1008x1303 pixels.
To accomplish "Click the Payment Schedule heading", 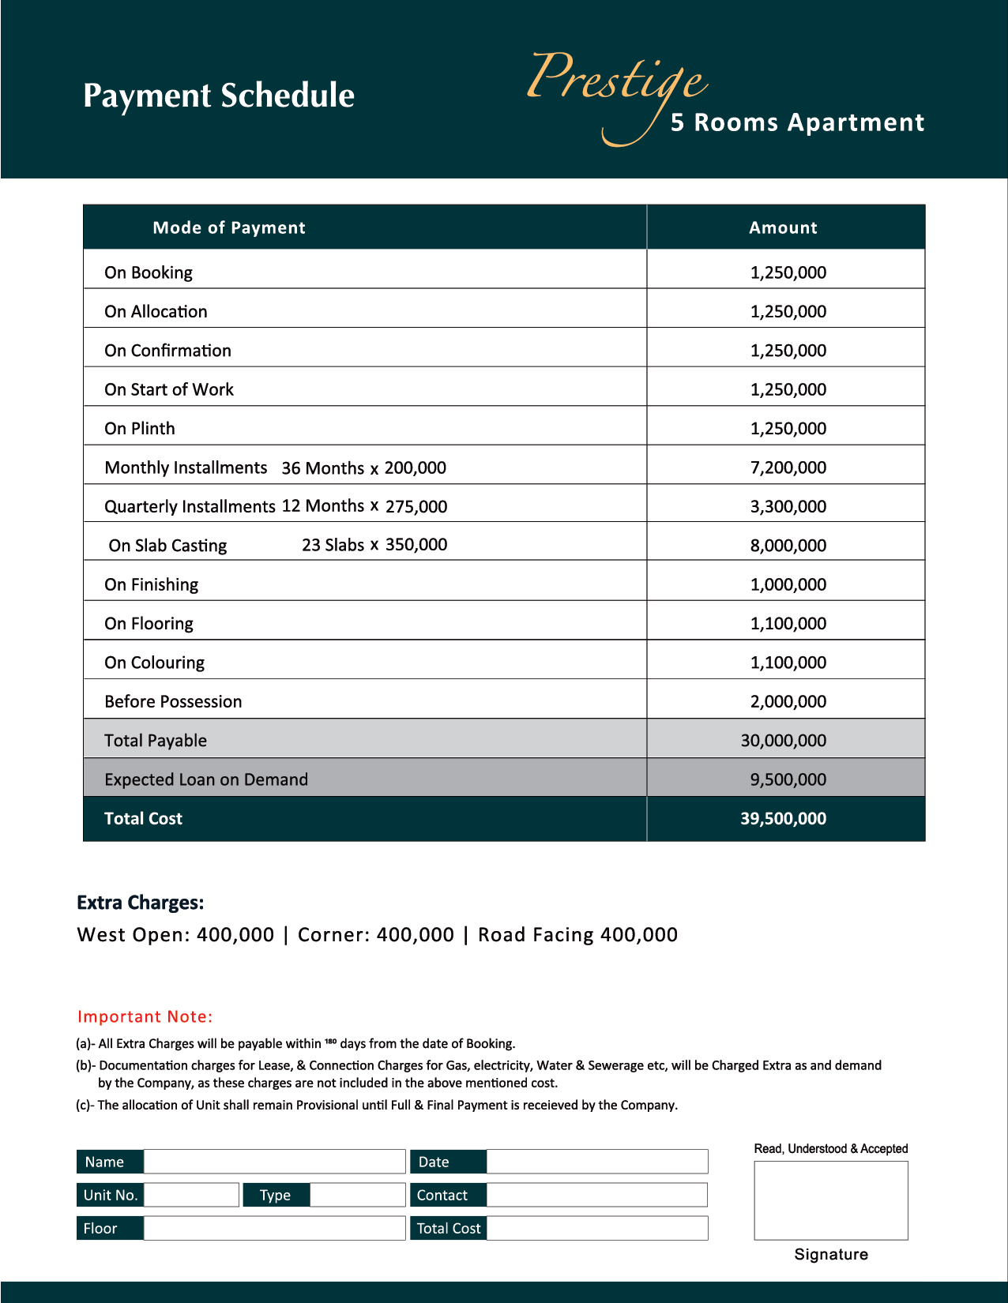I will (x=219, y=96).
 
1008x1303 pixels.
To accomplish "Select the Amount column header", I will (x=783, y=227).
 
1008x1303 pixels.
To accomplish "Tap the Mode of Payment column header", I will (x=229, y=227).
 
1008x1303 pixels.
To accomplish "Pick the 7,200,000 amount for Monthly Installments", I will (x=788, y=468).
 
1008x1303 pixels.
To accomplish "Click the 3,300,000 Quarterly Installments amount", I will (x=788, y=506).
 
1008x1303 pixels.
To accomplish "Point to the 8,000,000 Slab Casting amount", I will (x=788, y=546).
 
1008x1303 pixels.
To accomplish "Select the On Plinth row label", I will (x=140, y=428).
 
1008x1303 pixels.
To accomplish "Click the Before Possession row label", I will (x=173, y=701).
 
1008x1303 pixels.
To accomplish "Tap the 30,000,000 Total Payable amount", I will (x=783, y=741).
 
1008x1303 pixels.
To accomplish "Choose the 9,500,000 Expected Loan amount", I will (x=788, y=779).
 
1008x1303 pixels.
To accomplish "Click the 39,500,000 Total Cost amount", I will (x=783, y=819).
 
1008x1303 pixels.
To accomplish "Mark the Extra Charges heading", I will (x=141, y=903).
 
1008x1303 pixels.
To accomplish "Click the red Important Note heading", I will (x=145, y=1016).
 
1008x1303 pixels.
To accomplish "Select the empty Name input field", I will (x=274, y=1162).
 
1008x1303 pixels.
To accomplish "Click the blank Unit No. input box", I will (x=191, y=1195).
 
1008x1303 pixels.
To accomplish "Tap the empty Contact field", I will (x=596, y=1195).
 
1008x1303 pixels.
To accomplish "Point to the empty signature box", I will (x=831, y=1200).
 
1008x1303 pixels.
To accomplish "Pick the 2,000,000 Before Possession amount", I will (x=788, y=701).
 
